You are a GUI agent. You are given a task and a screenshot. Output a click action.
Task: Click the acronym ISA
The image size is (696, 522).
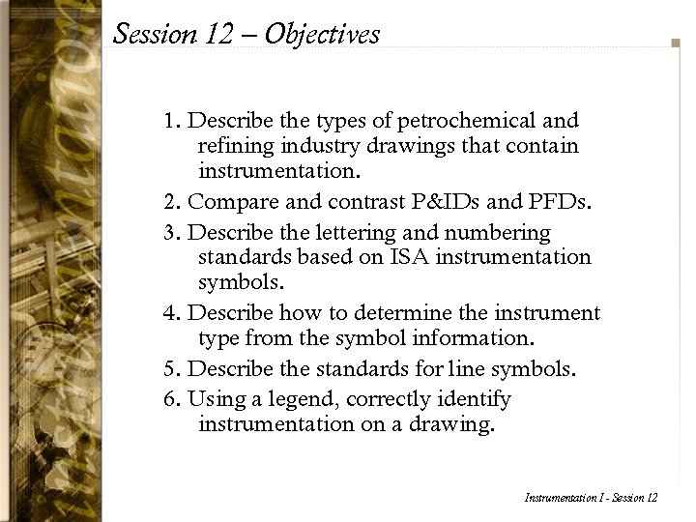coord(385,258)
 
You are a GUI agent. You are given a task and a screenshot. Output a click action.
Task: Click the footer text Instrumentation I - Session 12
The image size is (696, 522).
coord(590,497)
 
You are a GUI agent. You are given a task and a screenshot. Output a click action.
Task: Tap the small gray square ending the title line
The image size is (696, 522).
coord(675,43)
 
